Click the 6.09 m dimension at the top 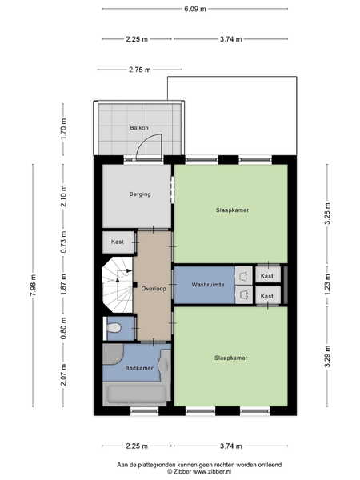(195, 9)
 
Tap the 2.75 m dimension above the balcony (139, 70)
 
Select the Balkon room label (139, 128)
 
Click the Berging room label (140, 194)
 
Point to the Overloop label (154, 289)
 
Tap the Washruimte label (208, 285)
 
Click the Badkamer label (139, 368)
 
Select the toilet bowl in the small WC (114, 328)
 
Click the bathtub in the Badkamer (137, 394)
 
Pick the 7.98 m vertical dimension (33, 285)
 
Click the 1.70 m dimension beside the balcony (63, 129)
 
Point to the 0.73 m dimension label (63, 242)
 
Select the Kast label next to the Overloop (118, 242)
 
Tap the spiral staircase (118, 285)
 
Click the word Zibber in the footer (182, 472)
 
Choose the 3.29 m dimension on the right (327, 356)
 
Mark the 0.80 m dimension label (63, 328)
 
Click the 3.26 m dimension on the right (327, 214)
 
